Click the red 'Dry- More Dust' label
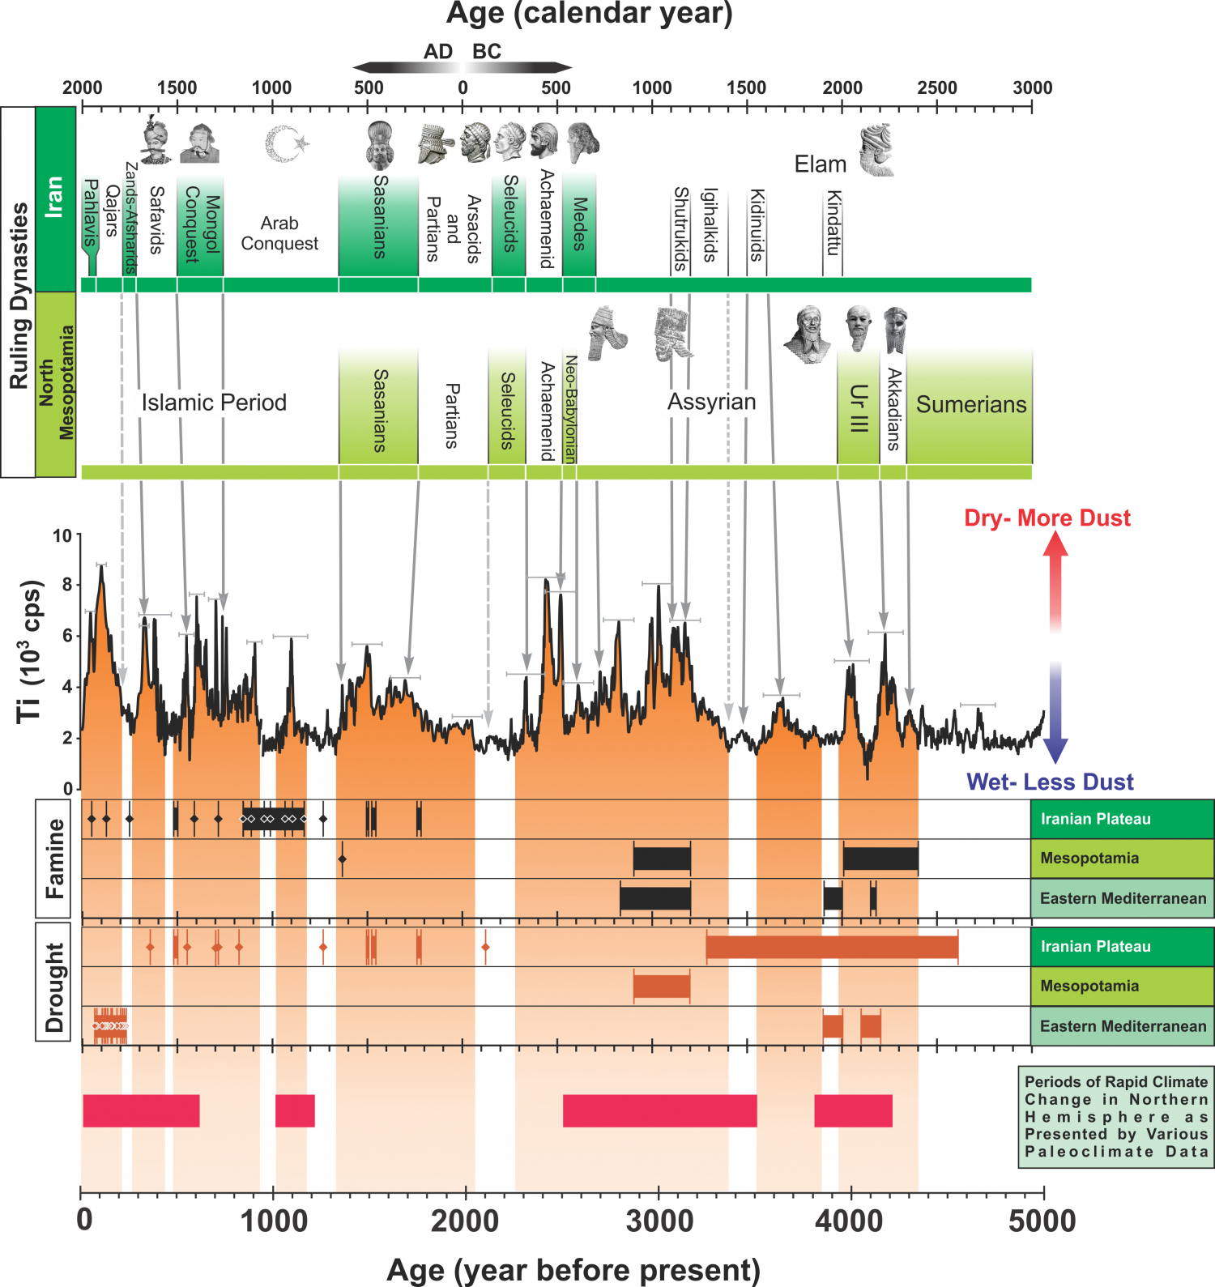(1047, 518)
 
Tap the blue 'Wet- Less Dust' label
(1050, 782)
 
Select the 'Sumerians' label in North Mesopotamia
(970, 404)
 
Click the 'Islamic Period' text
(214, 403)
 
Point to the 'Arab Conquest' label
(279, 233)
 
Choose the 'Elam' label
(820, 164)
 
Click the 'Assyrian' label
(711, 402)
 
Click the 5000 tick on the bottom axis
(1043, 1193)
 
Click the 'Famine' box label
(53, 858)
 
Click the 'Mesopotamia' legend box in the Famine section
(1122, 859)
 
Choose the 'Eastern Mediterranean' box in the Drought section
(1122, 1026)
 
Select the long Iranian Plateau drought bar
(832, 946)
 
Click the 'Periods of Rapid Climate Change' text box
(1115, 1116)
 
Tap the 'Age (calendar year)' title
(589, 14)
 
